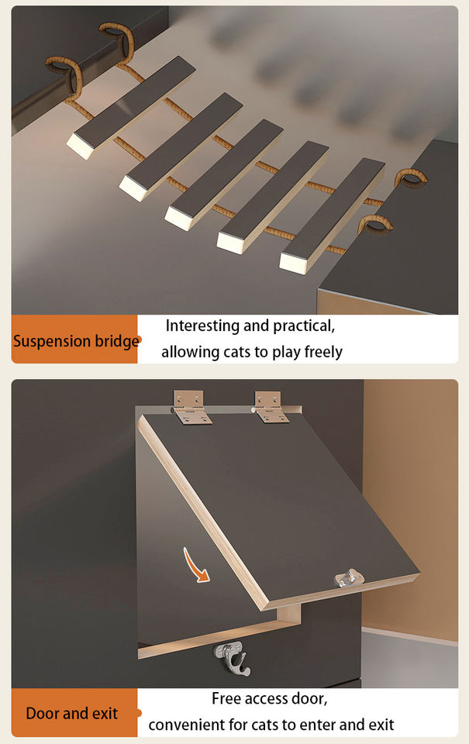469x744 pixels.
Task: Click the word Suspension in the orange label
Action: (45, 341)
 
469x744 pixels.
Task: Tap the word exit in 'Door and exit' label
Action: (106, 713)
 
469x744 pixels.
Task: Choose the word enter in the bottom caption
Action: (318, 725)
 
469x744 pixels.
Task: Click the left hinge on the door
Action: (191, 407)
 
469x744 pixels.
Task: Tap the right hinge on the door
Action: (271, 407)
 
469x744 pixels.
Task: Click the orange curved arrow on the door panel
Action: (195, 565)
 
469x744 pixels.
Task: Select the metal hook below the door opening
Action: (231, 658)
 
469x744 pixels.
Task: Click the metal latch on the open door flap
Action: (348, 578)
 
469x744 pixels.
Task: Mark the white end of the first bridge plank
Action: (81, 145)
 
